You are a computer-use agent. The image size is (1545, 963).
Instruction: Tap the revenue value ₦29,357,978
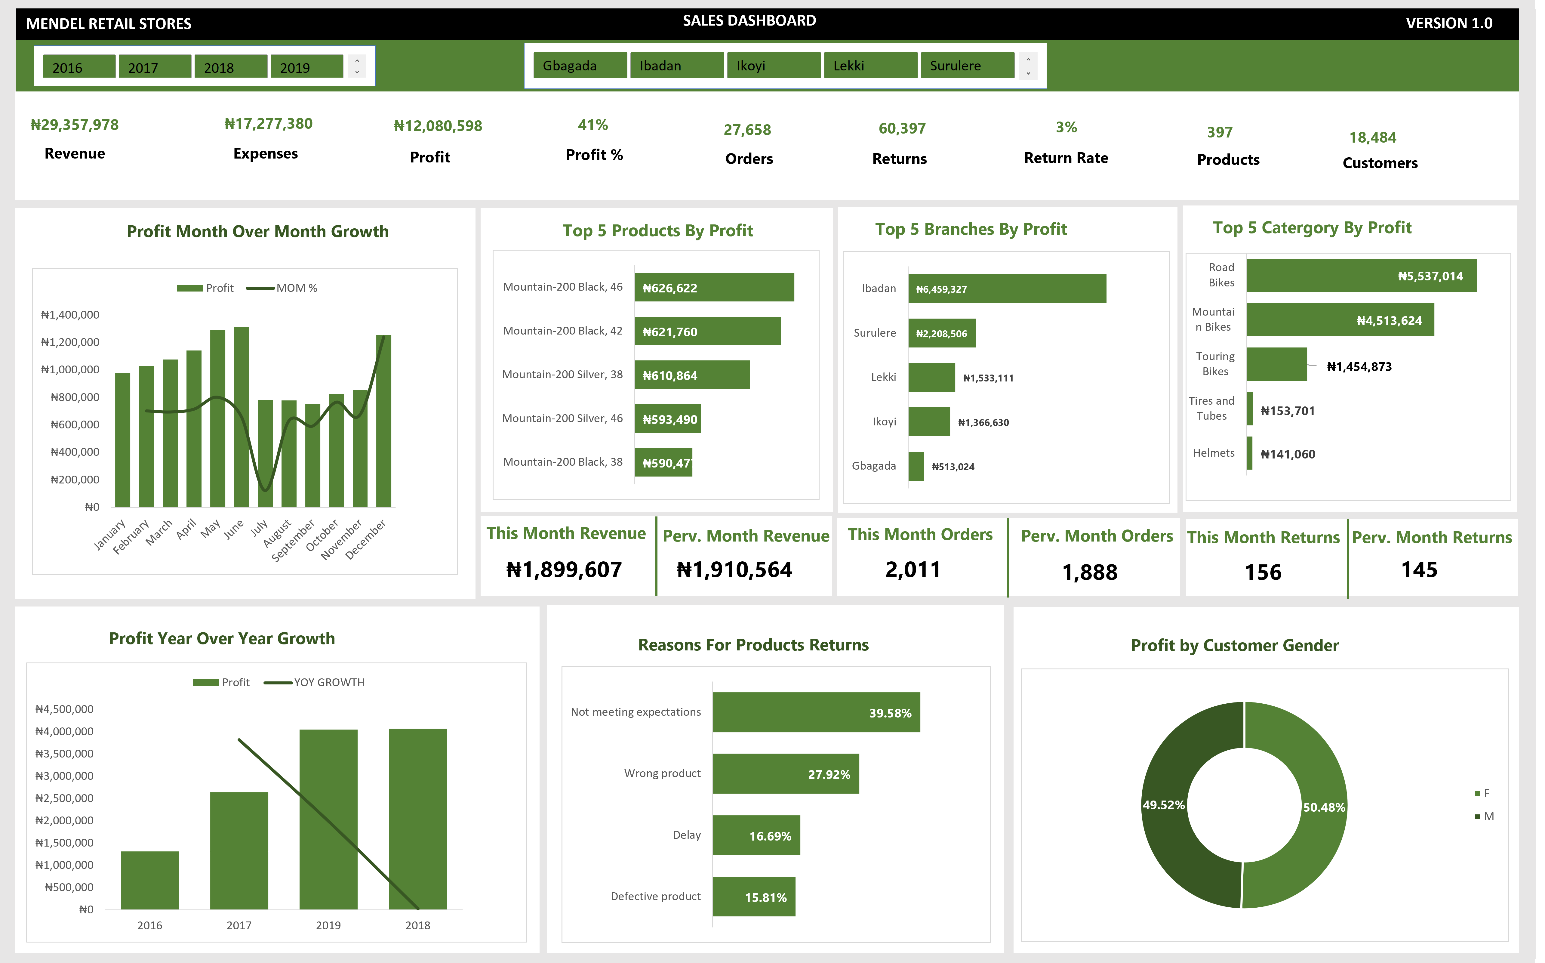pyautogui.click(x=75, y=125)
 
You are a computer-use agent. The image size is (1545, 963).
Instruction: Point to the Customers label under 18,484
pyautogui.click(x=1380, y=163)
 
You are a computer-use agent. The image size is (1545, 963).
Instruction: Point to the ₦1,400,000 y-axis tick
pyautogui.click(x=70, y=315)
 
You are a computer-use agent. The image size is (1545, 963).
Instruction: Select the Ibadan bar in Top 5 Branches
pyautogui.click(x=1006, y=289)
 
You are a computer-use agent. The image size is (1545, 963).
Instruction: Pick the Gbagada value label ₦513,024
pyautogui.click(x=952, y=467)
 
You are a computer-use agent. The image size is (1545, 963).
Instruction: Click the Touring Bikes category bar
pyautogui.click(x=1276, y=364)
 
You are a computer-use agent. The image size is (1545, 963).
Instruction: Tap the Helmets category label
pyautogui.click(x=1213, y=453)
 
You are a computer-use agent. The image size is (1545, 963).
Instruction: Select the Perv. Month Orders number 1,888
pyautogui.click(x=1089, y=572)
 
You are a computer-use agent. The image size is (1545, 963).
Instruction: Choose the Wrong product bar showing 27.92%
pyautogui.click(x=785, y=774)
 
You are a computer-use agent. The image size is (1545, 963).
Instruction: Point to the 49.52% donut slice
pyautogui.click(x=1165, y=828)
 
